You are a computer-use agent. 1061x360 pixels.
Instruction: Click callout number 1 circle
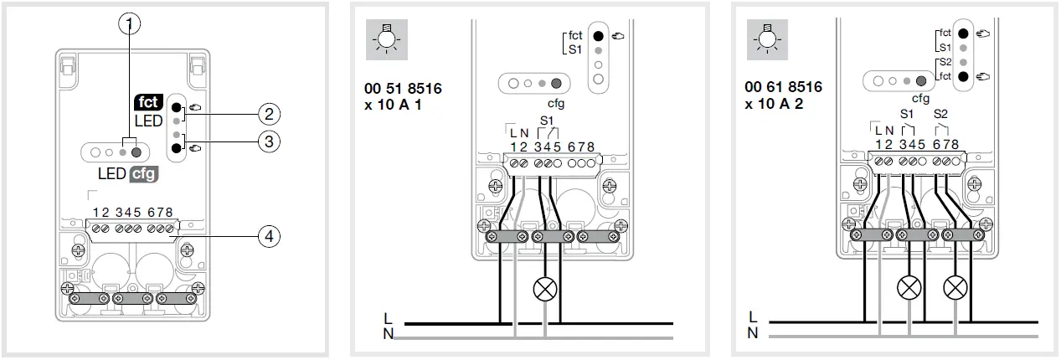[x=128, y=23]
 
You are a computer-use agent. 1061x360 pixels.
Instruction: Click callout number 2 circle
[x=268, y=114]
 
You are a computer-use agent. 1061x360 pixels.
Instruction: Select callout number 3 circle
[x=268, y=141]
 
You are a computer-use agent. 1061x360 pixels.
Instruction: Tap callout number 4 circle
[x=268, y=237]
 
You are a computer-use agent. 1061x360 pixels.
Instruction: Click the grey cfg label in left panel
[x=142, y=175]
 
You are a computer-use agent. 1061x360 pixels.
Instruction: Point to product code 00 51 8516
[x=404, y=88]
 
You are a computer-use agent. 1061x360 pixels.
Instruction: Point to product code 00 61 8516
[x=783, y=87]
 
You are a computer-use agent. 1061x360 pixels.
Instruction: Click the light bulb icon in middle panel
[x=387, y=40]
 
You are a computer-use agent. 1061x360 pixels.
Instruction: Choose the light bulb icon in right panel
[x=765, y=40]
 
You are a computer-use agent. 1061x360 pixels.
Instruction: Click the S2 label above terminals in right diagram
[x=940, y=114]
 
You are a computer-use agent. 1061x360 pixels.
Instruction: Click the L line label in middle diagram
[x=386, y=320]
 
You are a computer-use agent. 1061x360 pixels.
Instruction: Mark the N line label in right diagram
[x=752, y=333]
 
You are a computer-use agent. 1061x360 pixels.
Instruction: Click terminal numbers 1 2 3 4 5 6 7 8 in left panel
[x=134, y=212]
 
